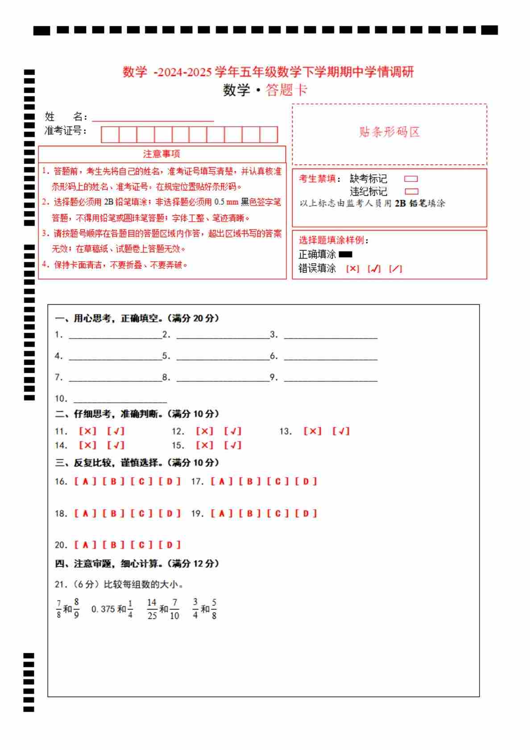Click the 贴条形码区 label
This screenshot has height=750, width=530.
click(389, 132)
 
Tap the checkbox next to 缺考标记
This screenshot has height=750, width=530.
click(411, 179)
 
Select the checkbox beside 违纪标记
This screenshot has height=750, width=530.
click(411, 192)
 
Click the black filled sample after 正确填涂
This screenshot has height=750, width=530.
click(345, 255)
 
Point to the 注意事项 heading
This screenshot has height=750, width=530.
click(161, 154)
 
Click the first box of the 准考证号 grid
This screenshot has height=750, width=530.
click(110, 135)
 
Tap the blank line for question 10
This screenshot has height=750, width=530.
click(120, 399)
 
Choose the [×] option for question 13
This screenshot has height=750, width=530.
click(312, 431)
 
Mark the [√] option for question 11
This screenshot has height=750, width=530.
click(116, 431)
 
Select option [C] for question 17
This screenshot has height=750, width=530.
click(278, 482)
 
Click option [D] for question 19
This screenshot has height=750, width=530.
click(306, 514)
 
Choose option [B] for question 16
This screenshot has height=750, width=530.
click(113, 482)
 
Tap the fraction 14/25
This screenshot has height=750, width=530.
click(152, 609)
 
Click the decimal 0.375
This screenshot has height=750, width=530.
click(103, 609)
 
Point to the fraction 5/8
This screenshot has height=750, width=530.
click(214, 609)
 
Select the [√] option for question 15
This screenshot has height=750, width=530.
click(232, 445)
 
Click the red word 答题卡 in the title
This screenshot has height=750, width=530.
click(286, 90)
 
